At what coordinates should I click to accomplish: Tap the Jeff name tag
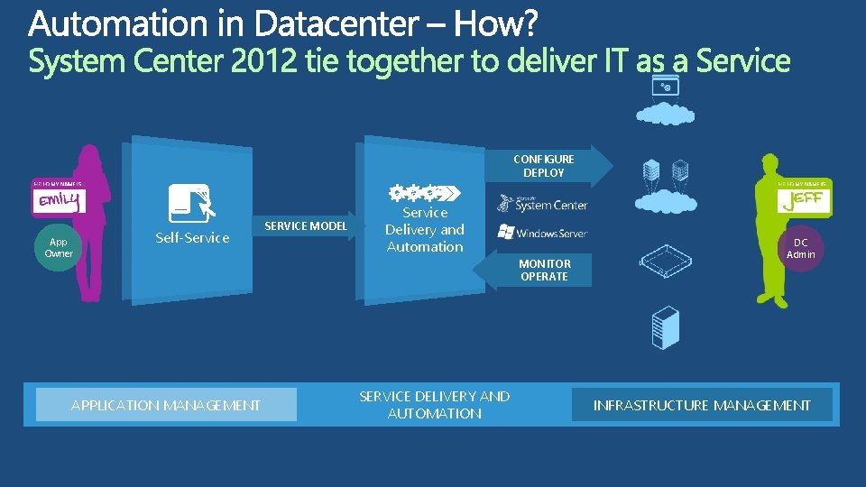(x=804, y=199)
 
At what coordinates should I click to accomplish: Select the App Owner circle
(x=59, y=247)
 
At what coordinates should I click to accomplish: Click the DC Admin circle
(x=801, y=248)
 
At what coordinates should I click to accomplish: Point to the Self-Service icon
(x=189, y=203)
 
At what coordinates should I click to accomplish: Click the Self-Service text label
(x=192, y=238)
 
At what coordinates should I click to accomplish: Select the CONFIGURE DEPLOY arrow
(x=546, y=165)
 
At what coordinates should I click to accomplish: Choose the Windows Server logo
(x=542, y=232)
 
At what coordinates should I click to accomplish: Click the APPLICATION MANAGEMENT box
(x=166, y=405)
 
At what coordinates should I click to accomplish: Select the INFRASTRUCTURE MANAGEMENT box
(x=701, y=405)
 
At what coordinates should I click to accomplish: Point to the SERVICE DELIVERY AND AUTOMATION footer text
(x=434, y=405)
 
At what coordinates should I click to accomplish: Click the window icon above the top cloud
(x=666, y=86)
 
